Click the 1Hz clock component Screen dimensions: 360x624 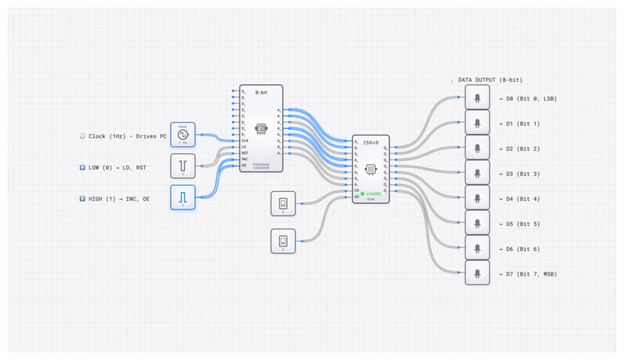[x=183, y=135]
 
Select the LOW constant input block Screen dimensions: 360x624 [x=183, y=166]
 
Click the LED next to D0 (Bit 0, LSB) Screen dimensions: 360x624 [x=477, y=97]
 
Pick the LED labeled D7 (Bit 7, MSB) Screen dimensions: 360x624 [x=477, y=273]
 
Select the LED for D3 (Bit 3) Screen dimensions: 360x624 [x=477, y=173]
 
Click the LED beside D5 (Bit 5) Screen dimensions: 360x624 [x=477, y=223]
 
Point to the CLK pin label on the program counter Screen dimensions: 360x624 [x=245, y=140]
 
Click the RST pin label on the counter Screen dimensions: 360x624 [x=245, y=152]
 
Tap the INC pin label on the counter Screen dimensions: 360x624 [x=245, y=158]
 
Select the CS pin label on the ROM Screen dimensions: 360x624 [x=357, y=190]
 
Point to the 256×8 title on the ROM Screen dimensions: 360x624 [x=371, y=142]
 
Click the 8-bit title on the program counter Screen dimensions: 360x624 [x=261, y=91]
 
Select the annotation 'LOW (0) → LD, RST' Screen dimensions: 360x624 [x=123, y=167]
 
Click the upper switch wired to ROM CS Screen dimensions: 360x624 [x=283, y=203]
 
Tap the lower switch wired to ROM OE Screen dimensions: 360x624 [x=283, y=241]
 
